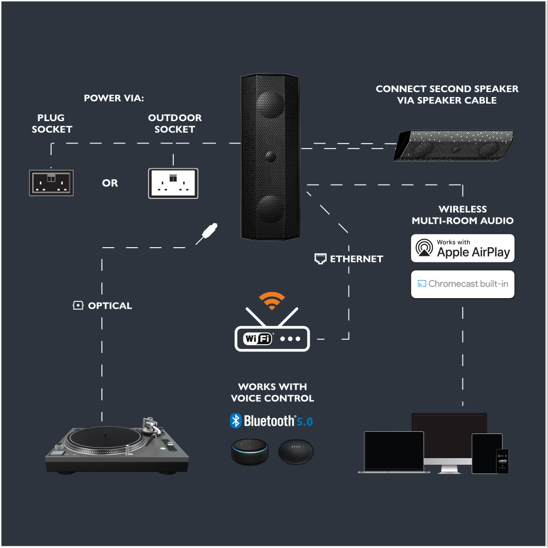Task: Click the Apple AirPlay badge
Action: pos(463,248)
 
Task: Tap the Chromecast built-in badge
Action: pos(463,284)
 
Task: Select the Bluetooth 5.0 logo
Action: pos(271,421)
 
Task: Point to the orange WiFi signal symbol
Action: pos(272,300)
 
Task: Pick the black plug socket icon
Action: pos(51,183)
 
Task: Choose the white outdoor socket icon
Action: pos(173,183)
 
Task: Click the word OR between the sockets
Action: pos(110,183)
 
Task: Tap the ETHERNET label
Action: pos(356,259)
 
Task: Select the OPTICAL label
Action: pos(110,306)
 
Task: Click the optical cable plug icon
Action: pos(208,233)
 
